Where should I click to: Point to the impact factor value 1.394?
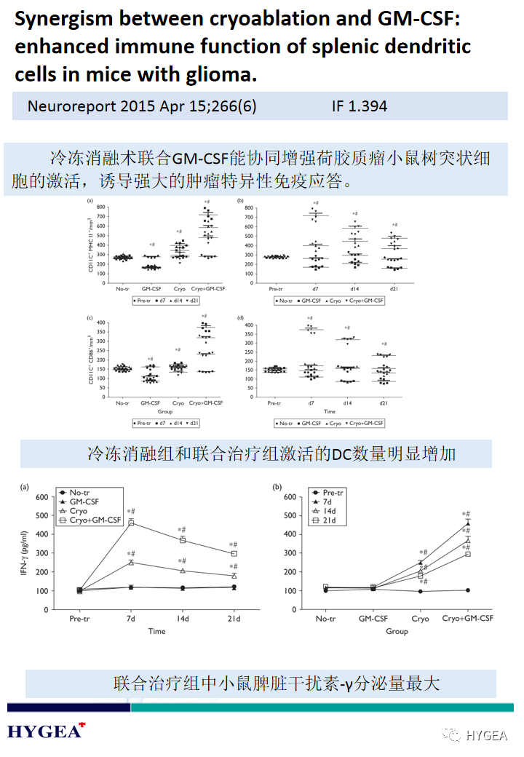point(368,106)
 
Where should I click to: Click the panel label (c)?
point(90,317)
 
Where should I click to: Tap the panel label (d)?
point(240,317)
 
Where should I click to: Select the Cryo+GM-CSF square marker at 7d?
point(132,523)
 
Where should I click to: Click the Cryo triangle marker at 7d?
point(132,563)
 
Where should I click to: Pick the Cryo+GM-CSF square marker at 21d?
point(234,554)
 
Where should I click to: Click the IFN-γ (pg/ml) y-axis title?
point(24,553)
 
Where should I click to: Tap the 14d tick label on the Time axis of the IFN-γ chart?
point(183,619)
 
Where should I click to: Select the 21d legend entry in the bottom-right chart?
point(326,520)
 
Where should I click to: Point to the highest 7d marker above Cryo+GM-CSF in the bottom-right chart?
point(467,523)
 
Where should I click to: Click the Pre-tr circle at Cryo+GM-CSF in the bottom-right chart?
point(467,590)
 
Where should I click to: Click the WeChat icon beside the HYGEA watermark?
point(454,734)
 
